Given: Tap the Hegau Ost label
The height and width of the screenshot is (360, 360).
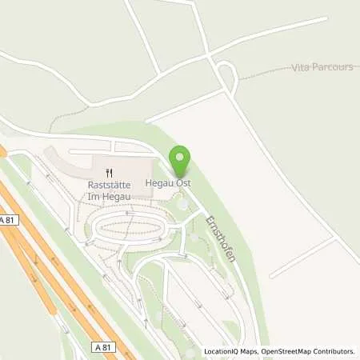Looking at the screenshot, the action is (166, 183).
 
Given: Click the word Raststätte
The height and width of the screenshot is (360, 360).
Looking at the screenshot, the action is (110, 183).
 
